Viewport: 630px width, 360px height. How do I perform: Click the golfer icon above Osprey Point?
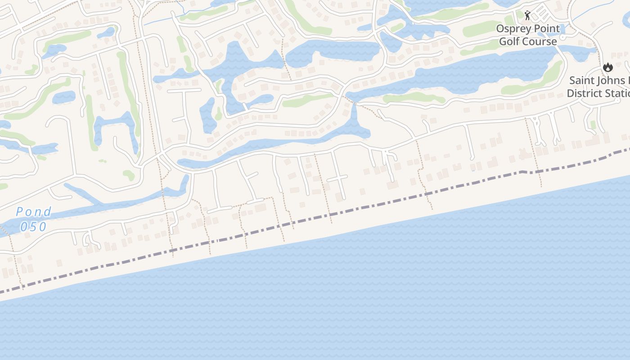(x=527, y=16)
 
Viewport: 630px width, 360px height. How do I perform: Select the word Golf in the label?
(x=509, y=41)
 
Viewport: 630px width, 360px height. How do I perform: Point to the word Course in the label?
(x=540, y=41)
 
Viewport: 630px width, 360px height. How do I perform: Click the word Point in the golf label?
(x=547, y=29)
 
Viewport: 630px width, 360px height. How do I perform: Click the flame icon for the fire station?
(x=608, y=67)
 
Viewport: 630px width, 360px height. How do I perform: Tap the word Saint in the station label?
(x=582, y=81)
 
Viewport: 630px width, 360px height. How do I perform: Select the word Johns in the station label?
(x=614, y=81)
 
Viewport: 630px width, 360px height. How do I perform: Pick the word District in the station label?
(x=584, y=94)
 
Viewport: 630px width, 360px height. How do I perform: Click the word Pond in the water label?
(x=33, y=212)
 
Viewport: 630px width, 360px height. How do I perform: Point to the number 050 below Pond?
(x=33, y=226)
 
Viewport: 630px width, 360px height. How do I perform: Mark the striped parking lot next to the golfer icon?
(x=542, y=13)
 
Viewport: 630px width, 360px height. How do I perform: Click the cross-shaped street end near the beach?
(x=337, y=179)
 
